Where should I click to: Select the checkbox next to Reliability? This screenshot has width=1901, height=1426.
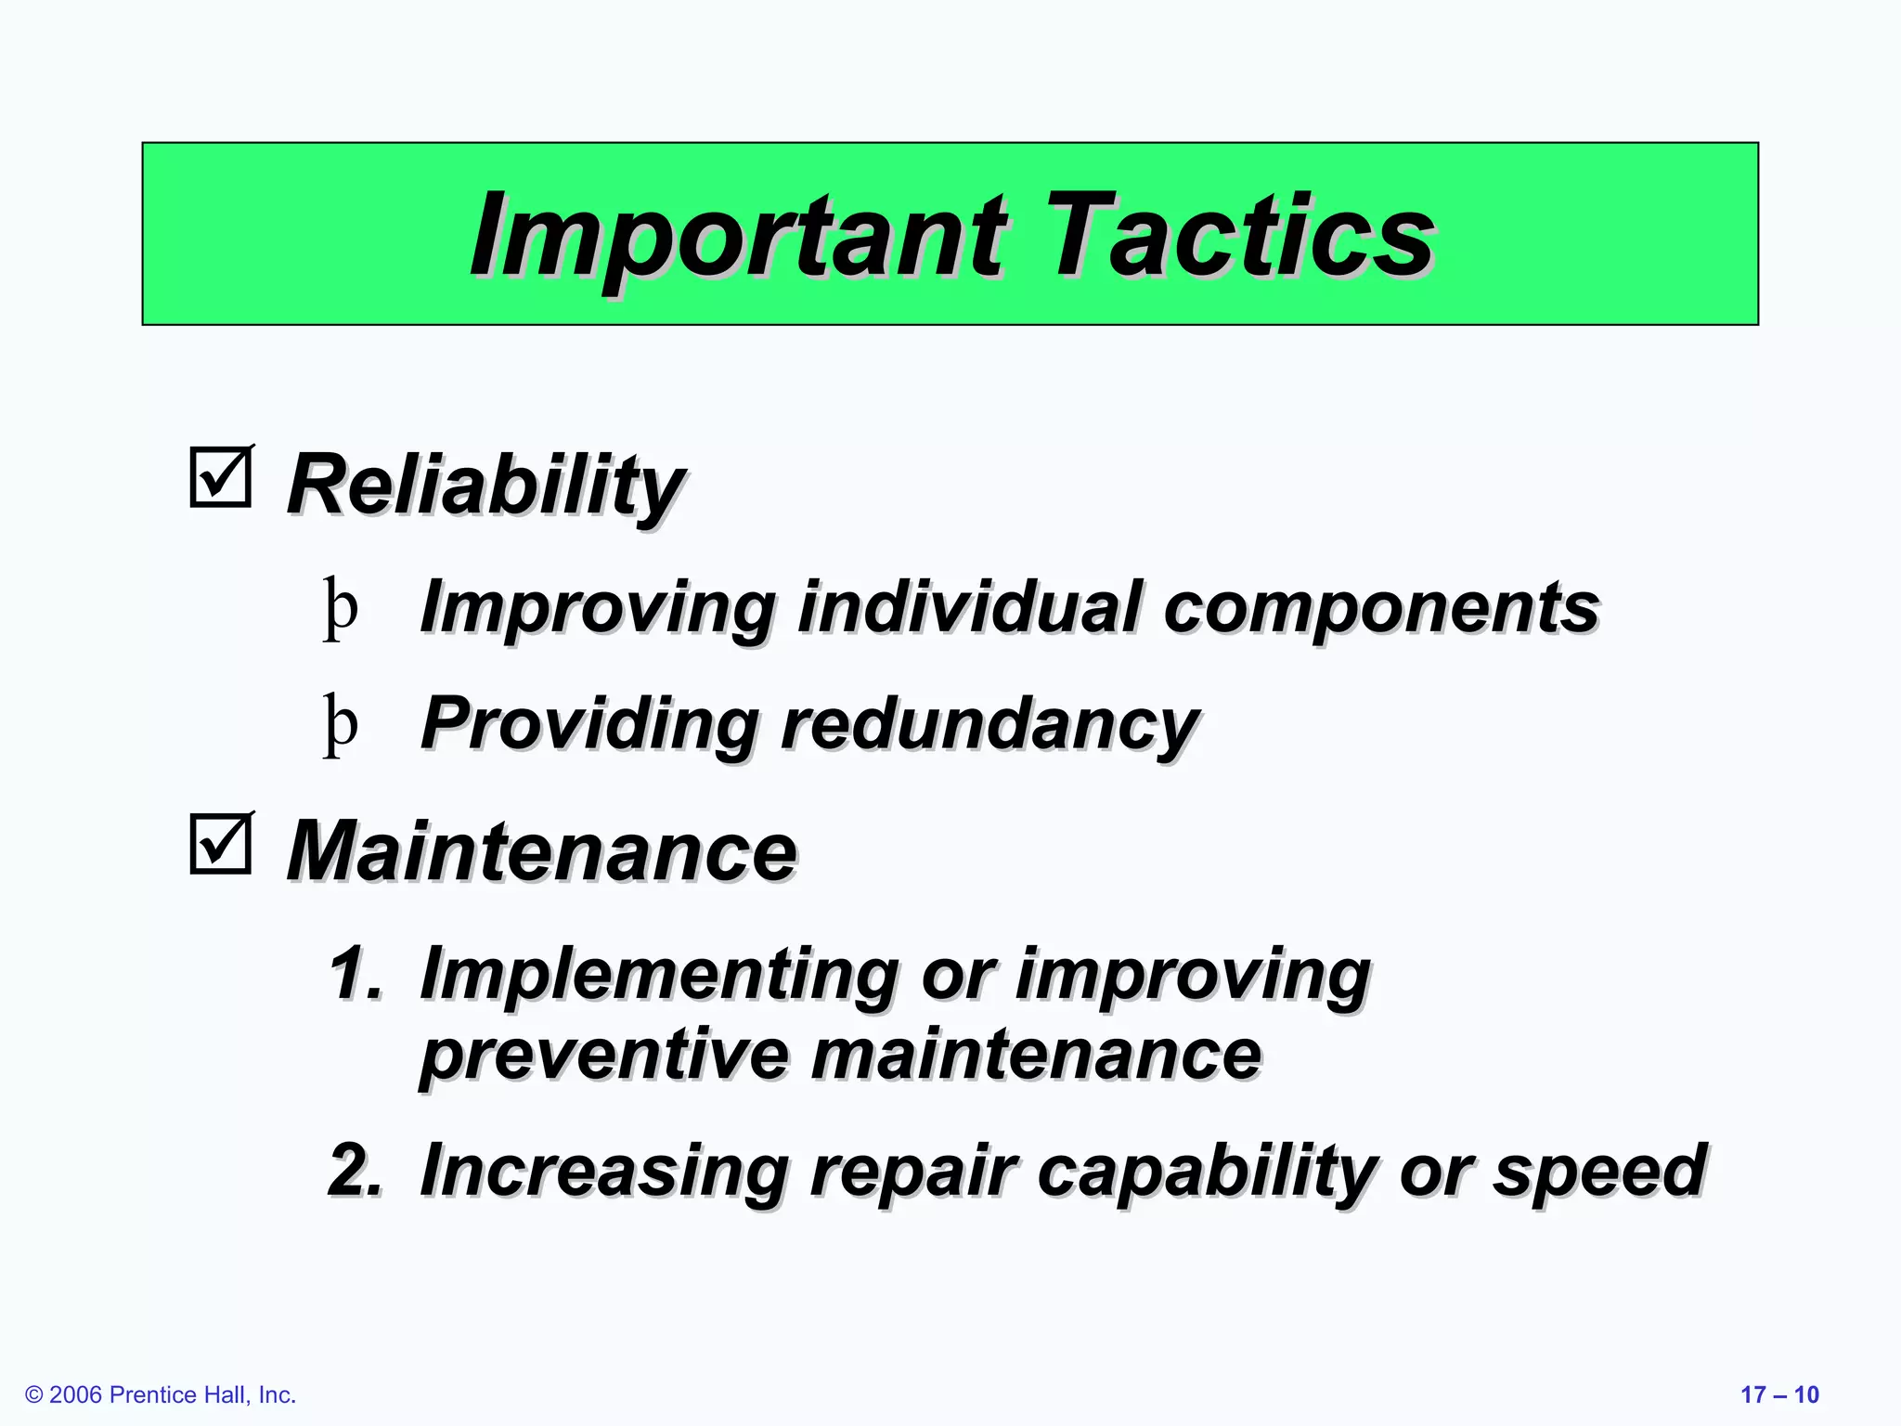coord(221,477)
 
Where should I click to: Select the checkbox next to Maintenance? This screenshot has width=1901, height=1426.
coord(221,843)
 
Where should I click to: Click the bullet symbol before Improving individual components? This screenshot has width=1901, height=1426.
coord(341,608)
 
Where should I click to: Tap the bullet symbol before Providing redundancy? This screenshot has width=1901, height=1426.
coord(341,725)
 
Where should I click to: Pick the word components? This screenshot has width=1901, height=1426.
coord(1380,608)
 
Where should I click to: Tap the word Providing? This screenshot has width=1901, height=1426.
coord(590,725)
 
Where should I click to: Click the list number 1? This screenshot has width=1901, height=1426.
coord(356,974)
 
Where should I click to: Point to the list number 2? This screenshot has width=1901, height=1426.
coord(356,1170)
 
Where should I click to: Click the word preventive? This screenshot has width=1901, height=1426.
coord(603,1056)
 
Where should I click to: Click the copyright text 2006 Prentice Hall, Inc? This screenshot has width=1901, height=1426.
coord(161,1395)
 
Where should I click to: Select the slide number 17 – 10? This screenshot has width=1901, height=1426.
coord(1779,1395)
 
